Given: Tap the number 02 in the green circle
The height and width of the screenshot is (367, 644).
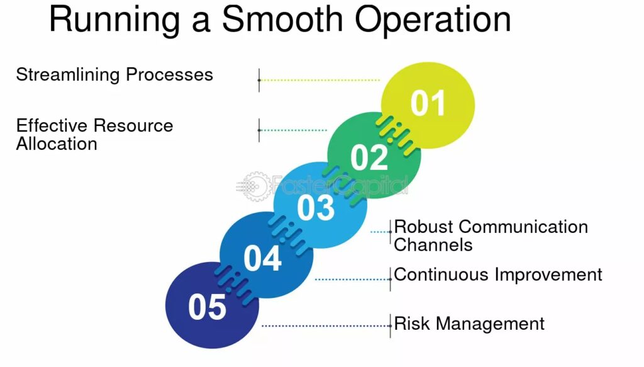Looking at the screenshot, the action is [369, 157].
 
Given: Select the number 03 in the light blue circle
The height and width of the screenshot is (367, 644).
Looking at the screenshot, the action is [316, 208].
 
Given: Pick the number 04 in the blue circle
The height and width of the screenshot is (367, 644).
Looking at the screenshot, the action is [262, 258].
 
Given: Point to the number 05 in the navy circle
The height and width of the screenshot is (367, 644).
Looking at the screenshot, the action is [207, 307].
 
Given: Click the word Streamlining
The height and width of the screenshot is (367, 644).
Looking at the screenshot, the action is [68, 75].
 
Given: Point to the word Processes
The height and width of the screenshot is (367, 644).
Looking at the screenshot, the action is [169, 74].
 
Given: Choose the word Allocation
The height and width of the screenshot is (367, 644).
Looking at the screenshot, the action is [57, 144].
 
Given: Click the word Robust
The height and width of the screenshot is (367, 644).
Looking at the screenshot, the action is [423, 227].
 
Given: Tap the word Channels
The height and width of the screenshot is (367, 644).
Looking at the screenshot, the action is [433, 245].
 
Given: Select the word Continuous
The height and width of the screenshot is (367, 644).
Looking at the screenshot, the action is [441, 274].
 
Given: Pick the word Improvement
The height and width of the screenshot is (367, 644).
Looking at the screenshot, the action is [548, 275].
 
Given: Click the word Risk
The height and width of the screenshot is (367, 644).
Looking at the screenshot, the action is [412, 324].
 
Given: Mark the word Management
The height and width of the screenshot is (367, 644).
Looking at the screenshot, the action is [490, 324].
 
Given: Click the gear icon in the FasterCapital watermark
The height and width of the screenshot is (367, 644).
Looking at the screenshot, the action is [256, 186].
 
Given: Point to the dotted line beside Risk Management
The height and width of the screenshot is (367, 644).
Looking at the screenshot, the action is [326, 326].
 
